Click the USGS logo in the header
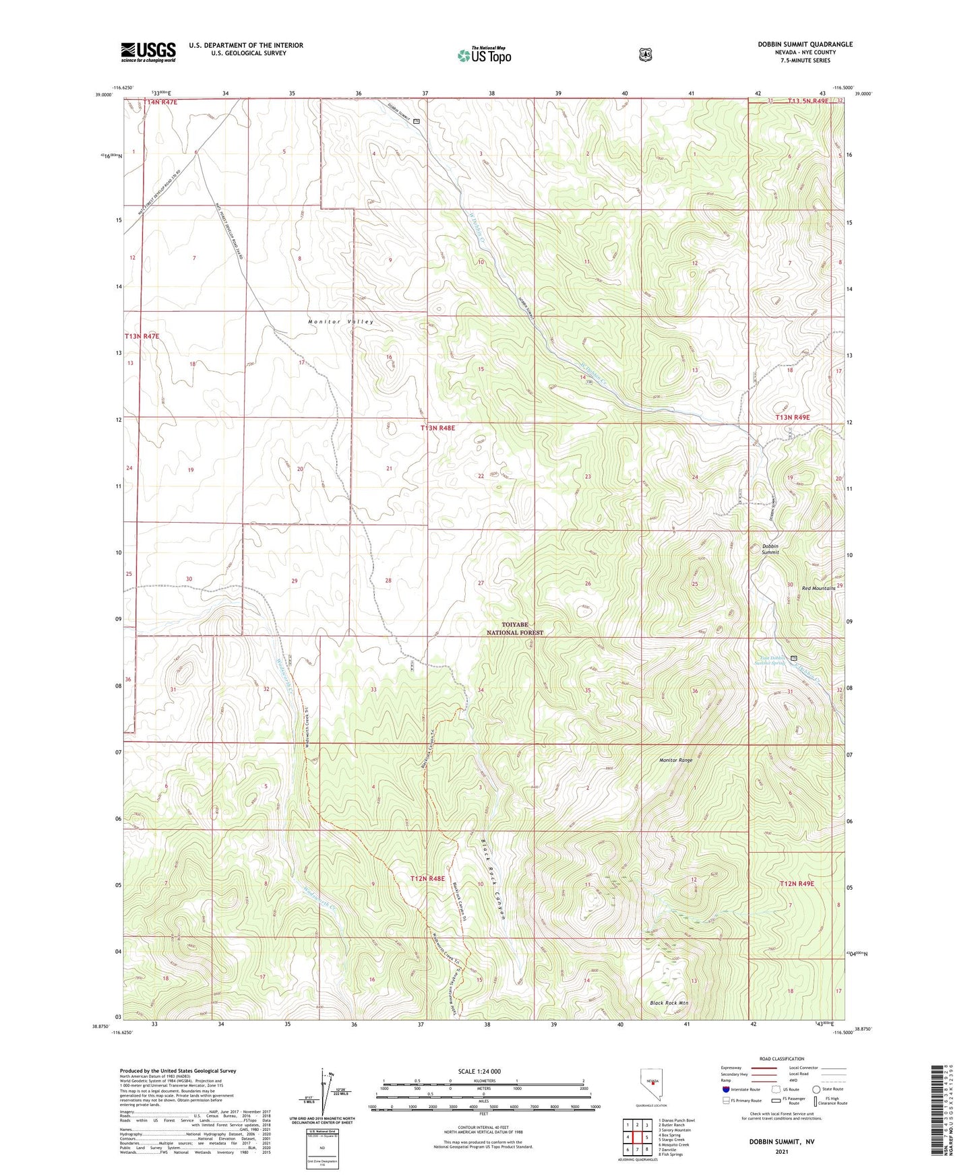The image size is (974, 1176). coord(148,52)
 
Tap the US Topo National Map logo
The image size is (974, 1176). coord(484,55)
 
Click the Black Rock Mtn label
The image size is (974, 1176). coord(669,1003)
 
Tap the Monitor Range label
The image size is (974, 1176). coord(675,760)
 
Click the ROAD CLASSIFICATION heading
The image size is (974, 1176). coord(781,1059)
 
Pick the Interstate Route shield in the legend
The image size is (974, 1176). coord(725,1089)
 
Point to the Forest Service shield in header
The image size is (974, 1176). coord(646,55)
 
